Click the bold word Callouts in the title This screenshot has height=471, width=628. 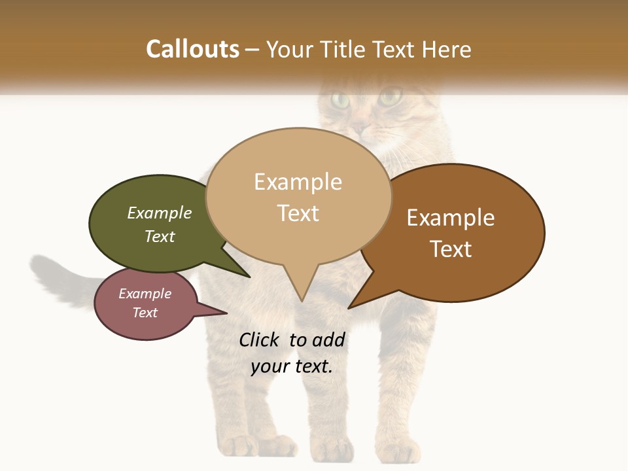(192, 49)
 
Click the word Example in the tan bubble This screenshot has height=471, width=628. (298, 182)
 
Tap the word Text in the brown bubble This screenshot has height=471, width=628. (451, 249)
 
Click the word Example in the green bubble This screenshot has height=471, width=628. (160, 213)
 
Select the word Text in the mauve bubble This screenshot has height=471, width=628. (145, 313)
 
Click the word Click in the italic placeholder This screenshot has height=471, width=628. (260, 340)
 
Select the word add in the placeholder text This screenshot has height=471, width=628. (328, 340)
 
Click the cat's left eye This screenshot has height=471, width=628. (340, 100)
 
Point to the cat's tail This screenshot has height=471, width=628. (59, 275)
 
